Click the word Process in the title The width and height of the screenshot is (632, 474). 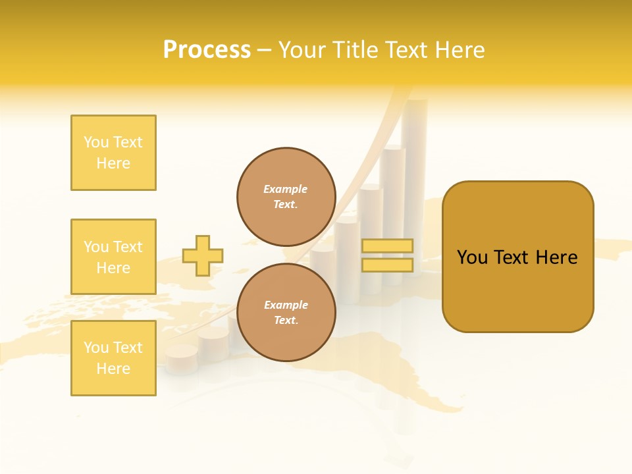(x=207, y=50)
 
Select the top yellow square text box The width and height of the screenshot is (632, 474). (x=113, y=153)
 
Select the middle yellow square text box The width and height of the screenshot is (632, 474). (x=113, y=257)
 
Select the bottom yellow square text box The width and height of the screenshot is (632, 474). (x=113, y=358)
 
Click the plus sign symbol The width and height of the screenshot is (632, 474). (x=203, y=255)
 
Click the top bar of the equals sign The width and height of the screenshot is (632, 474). (x=388, y=246)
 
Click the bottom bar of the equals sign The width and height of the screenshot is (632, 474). (x=388, y=265)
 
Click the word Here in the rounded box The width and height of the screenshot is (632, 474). (x=556, y=257)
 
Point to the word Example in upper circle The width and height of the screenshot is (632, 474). (x=285, y=189)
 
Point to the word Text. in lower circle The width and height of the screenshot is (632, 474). (x=285, y=321)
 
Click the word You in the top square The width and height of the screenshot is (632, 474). (x=96, y=142)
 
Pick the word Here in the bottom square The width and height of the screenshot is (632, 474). (x=113, y=369)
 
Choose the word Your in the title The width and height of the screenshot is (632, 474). (x=303, y=50)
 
